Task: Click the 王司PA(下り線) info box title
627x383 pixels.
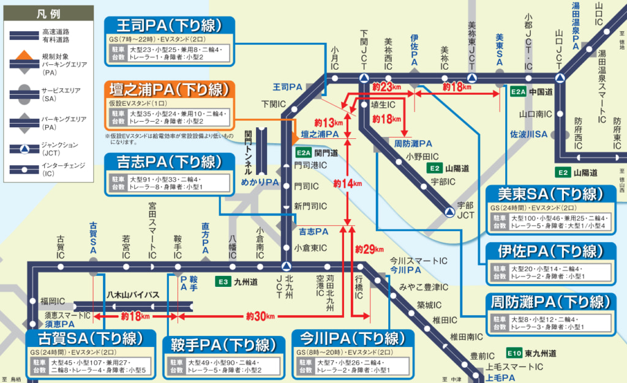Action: [170, 26]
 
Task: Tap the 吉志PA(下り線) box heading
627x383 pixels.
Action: [170, 162]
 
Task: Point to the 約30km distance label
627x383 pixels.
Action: [260, 316]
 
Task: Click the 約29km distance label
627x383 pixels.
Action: [369, 249]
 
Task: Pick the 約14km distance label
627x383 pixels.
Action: [347, 183]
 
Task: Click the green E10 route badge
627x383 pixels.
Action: [514, 353]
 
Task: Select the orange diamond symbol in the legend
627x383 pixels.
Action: [21, 59]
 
